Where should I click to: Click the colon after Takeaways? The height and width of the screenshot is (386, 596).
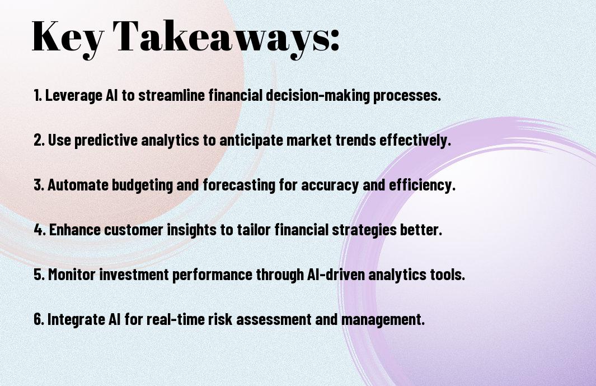pyautogui.click(x=334, y=40)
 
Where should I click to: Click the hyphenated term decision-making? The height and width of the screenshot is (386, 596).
pyautogui.click(x=318, y=95)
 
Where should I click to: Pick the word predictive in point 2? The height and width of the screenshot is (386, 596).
pyautogui.click(x=106, y=140)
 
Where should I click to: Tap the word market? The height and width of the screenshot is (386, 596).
pyautogui.click(x=309, y=140)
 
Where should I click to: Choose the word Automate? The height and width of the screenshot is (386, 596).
pyautogui.click(x=78, y=185)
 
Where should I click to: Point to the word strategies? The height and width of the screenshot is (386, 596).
pyautogui.click(x=364, y=230)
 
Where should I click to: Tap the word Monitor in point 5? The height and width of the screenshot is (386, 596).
pyautogui.click(x=72, y=275)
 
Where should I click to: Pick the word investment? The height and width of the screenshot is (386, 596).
pyautogui.click(x=134, y=275)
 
